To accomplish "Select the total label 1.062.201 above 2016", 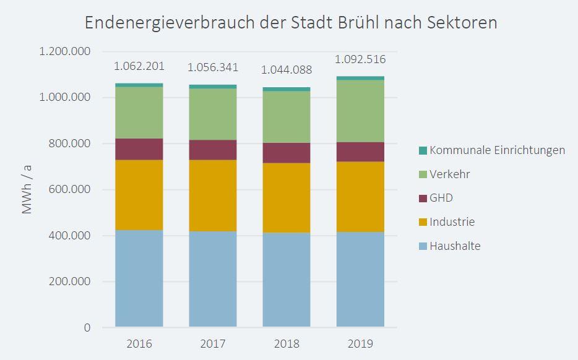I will point(139,66).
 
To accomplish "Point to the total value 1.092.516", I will point(360,60).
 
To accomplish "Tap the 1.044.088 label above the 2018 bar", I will point(287,70).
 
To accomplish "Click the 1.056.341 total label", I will point(213,67).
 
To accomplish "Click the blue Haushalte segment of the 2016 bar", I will point(139,278).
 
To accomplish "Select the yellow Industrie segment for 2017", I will point(213,195).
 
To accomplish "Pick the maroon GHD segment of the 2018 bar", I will point(287,153).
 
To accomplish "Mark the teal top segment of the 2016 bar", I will point(139,85).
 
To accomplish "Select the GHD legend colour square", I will point(423,199).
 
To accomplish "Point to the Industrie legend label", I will point(452,222).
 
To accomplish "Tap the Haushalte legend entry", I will point(455,246).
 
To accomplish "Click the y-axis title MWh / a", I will point(27,189).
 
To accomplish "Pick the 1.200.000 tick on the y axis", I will point(65,51).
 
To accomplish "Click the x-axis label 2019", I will point(360,344).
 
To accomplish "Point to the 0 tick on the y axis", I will point(87,328).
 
